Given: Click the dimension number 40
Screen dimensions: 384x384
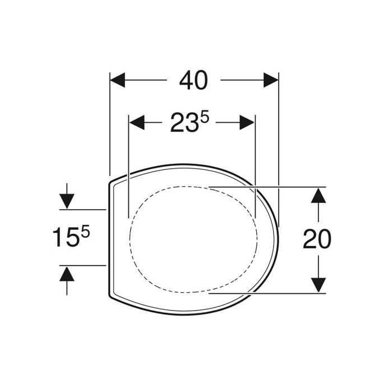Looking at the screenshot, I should [193, 81].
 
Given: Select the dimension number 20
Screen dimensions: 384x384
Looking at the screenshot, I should [317, 239].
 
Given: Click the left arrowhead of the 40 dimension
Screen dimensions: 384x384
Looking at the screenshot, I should [117, 80].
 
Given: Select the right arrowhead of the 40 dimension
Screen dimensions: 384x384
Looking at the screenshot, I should [271, 80].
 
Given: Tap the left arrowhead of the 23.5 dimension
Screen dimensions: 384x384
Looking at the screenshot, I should [137, 122].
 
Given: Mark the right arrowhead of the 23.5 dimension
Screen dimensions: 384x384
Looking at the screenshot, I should [247, 122].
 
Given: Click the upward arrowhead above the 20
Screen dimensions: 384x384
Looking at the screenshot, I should [318, 195].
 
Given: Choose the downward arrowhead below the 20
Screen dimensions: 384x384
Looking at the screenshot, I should [318, 284].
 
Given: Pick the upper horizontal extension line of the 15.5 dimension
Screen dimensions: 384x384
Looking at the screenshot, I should [84, 209].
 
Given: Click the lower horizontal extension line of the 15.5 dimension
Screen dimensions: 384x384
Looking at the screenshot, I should [84, 265].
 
